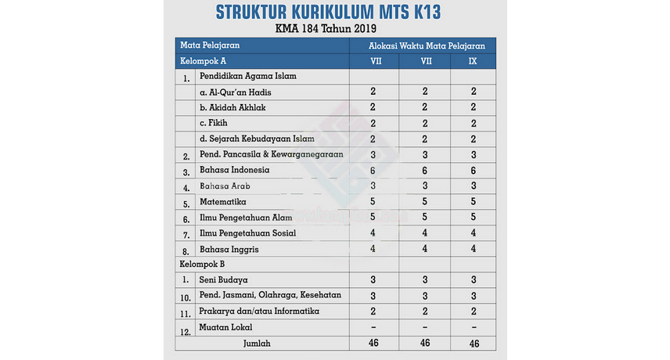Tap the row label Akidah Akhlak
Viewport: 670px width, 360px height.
coord(238,107)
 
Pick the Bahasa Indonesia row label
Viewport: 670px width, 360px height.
coord(234,170)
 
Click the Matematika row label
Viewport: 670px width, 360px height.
coord(223,201)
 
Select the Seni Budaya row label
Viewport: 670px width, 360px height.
coord(223,279)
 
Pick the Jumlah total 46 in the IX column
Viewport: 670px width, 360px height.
coord(474,343)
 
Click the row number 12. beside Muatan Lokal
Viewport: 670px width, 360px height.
coord(186,329)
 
